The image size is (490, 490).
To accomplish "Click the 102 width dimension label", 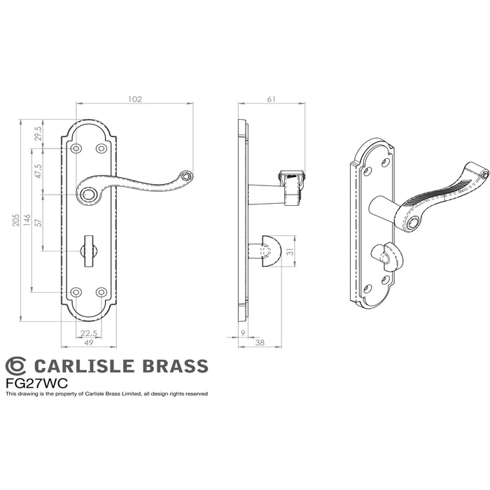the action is click(x=135, y=99).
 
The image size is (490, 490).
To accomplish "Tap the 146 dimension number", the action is click(x=27, y=220).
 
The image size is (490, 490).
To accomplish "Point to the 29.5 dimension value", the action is click(x=38, y=134).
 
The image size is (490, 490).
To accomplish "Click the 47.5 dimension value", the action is click(x=38, y=171).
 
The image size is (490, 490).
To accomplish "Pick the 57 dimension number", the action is click(x=38, y=223).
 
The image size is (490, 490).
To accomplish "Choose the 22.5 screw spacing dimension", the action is click(x=89, y=333).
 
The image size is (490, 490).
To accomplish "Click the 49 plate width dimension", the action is click(x=89, y=342).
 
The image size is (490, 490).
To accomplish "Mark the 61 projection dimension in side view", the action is click(x=272, y=99).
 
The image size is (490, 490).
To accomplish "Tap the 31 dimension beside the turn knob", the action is click(x=291, y=251).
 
